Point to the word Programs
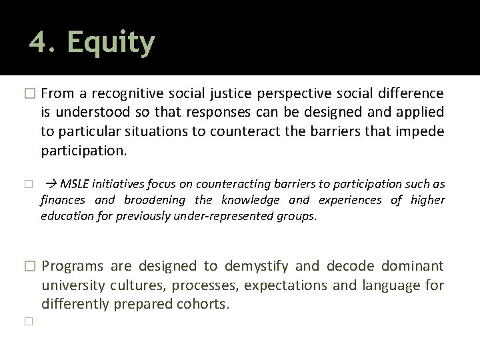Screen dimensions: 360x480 73,267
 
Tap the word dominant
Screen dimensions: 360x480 412,267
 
